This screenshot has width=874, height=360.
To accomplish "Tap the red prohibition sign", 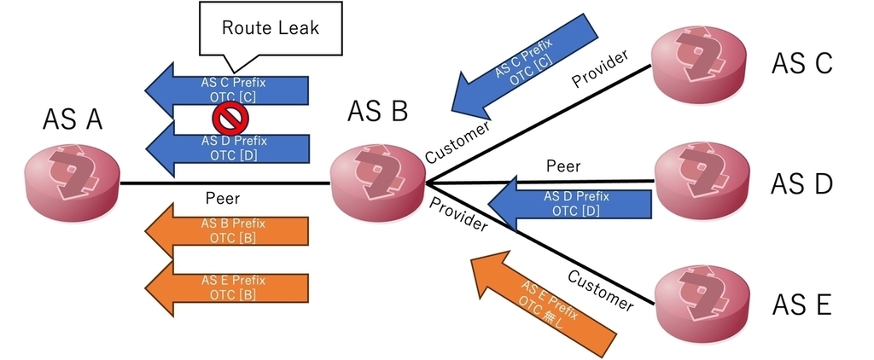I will pyautogui.click(x=230, y=118).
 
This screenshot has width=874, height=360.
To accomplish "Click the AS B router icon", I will pyautogui.click(x=378, y=182).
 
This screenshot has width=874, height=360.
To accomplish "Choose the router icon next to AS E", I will pyautogui.click(x=702, y=301).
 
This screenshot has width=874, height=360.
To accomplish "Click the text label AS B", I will pyautogui.click(x=377, y=112).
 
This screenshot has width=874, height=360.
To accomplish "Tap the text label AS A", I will pyautogui.click(x=73, y=119).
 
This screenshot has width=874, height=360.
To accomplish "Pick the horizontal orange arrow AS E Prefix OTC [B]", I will pyautogui.click(x=227, y=287).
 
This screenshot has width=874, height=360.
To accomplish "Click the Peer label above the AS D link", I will pyautogui.click(x=563, y=165).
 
